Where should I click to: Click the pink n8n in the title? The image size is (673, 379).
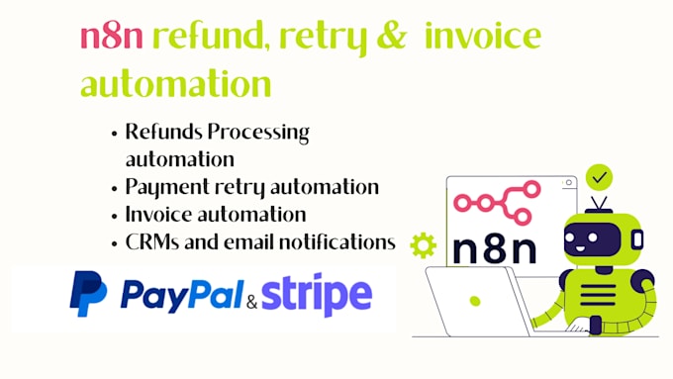coord(112,37)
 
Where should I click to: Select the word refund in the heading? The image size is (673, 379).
coord(207,36)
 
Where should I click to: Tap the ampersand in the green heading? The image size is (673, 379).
coord(392,36)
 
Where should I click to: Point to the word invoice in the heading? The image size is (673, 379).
coord(483,36)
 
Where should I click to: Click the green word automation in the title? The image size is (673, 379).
coord(176,83)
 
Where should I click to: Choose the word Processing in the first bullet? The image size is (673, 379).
coord(258,133)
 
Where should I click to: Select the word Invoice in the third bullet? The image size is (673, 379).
coord(158,214)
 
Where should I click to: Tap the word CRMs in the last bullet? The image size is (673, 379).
coord(152,242)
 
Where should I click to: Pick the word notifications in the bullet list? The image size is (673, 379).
coord(337,242)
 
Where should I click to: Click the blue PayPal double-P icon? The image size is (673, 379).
coord(88,294)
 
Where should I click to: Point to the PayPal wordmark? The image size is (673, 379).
coord(181,295)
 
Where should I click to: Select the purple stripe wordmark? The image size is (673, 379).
coord(317,295)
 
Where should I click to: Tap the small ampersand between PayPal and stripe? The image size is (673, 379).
coord(252,303)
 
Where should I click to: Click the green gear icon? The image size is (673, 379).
coord(424,245)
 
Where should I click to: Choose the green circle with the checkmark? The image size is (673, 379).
coord(599,177)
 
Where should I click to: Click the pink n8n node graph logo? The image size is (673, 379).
coord(497,202)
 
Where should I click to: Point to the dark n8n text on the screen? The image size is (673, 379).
coord(495,249)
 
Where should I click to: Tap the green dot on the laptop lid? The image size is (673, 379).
coord(475,301)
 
